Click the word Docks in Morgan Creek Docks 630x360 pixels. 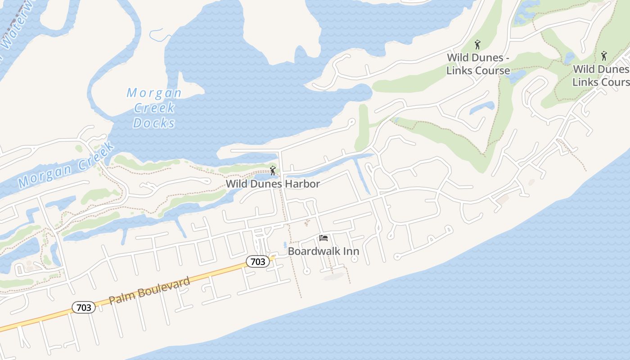point(154,122)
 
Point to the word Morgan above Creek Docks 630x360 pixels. point(154,93)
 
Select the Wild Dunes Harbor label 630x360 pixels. point(273,184)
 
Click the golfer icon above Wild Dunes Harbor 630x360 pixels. point(272,171)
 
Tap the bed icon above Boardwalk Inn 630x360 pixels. point(323,238)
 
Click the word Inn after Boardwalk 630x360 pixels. point(351,251)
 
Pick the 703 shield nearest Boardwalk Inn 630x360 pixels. point(258,261)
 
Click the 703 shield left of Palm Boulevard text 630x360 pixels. point(84,308)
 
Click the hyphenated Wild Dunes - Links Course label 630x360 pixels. point(478,64)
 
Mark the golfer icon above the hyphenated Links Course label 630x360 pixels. point(477,45)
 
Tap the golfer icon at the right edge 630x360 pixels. point(604,56)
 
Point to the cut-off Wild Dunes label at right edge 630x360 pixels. point(601,76)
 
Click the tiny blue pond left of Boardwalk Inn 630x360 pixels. point(285,245)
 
